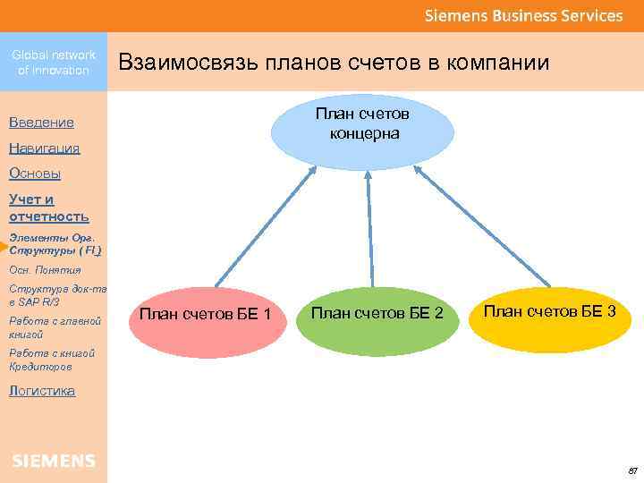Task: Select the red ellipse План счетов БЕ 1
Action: (x=206, y=314)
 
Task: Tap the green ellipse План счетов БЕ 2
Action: (x=376, y=313)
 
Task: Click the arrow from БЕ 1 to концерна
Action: (x=259, y=224)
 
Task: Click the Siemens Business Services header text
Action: (x=523, y=16)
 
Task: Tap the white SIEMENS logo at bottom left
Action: (x=54, y=461)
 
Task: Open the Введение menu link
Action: (x=41, y=123)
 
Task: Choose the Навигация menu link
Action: (x=45, y=148)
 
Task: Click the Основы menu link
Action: (x=35, y=174)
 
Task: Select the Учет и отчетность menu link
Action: (x=49, y=208)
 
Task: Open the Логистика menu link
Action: (x=42, y=391)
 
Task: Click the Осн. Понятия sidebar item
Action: (x=45, y=270)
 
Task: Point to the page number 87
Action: (x=632, y=470)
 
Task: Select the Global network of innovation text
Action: (x=54, y=63)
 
